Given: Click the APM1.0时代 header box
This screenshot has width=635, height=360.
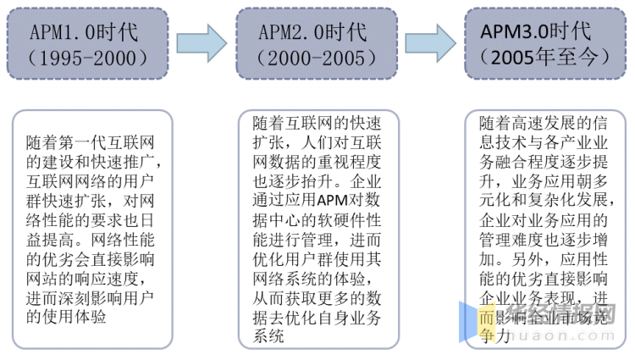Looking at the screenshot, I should [x=88, y=45].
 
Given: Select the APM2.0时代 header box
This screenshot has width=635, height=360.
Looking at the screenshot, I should [x=317, y=45].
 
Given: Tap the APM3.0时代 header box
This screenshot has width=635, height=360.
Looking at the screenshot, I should [x=547, y=45].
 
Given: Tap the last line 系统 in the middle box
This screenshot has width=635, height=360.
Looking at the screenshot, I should [x=270, y=338].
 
